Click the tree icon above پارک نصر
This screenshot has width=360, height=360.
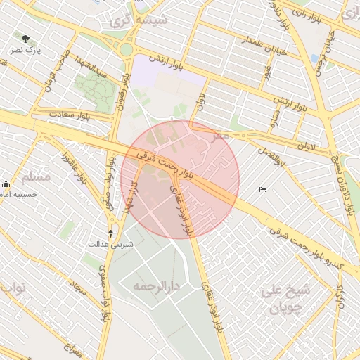coord(27,39)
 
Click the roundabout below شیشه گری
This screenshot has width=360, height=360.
coord(127,49)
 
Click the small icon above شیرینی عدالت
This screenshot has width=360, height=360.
coord(110,233)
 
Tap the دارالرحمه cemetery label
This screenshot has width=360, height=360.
coord(158,287)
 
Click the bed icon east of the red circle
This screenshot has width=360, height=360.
coord(262,189)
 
